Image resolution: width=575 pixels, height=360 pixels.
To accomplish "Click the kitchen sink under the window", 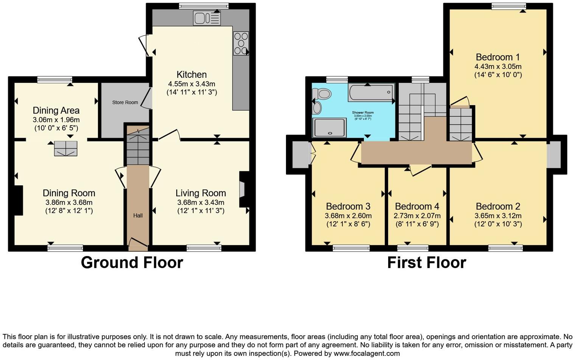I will point(207,18).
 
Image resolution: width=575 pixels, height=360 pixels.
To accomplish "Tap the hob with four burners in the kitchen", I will point(241,43).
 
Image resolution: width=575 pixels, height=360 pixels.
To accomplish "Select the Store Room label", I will point(125,102).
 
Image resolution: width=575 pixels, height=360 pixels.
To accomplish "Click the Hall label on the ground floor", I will point(138,216).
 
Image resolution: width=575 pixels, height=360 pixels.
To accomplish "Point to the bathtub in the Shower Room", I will point(371,92).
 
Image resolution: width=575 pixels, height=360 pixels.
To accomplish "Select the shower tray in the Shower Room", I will point(329,127).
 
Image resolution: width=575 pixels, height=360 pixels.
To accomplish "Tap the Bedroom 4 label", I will point(417,206).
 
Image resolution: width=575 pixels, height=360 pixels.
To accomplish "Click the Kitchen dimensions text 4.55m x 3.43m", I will point(191,84).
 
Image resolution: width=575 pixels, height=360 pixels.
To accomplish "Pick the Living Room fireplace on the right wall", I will point(243,189).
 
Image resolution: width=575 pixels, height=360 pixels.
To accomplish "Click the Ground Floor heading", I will point(132,262).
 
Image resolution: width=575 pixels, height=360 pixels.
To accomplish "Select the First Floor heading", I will point(426,262).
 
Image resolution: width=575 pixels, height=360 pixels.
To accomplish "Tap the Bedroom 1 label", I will point(497,57).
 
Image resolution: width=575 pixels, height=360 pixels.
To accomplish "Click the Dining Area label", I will point(56,110).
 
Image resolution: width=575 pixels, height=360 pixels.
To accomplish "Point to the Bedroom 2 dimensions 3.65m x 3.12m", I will point(498,216).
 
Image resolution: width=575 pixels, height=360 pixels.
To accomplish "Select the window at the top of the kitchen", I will point(204,6).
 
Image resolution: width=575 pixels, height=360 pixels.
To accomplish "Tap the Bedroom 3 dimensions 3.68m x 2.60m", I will point(348,216).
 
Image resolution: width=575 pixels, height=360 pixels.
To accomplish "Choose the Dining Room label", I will point(69,193).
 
